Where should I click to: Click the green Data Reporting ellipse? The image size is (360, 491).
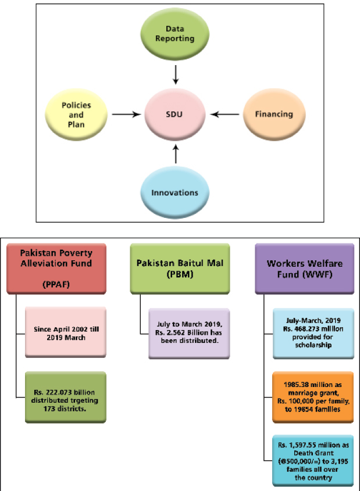174,34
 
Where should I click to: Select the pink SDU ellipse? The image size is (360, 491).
174,114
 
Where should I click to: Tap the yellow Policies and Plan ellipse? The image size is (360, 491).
76,114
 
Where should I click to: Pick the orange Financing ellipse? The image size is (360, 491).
274,114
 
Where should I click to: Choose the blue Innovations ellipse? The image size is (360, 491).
174,192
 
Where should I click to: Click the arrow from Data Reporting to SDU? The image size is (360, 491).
176,74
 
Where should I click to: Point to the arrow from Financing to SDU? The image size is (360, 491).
224,114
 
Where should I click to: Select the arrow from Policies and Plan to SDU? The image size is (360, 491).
127,114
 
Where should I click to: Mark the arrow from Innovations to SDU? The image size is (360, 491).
176,154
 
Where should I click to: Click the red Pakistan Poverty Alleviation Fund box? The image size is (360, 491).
56,268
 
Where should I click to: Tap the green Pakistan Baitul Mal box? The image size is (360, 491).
180,268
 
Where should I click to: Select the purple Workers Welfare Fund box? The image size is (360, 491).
305,268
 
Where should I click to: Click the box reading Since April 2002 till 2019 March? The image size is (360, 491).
66,332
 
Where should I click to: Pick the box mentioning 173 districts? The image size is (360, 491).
66,397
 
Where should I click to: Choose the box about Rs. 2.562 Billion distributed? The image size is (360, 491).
189,333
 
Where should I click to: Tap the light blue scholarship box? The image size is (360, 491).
313,333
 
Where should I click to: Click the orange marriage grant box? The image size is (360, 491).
313,397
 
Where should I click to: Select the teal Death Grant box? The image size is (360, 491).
313,461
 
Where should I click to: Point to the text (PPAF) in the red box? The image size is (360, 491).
56,284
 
